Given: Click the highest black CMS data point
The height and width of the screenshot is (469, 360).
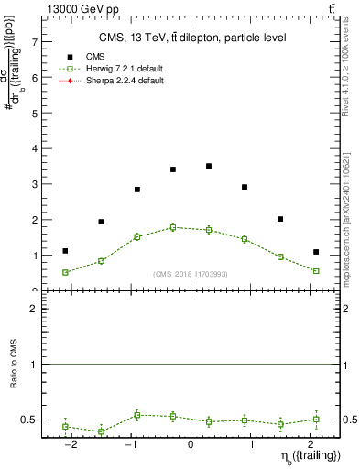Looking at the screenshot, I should pos(209,166).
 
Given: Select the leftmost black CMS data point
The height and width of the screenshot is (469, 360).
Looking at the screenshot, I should pos(65,251).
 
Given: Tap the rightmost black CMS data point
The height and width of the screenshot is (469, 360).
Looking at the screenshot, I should pos(316,252).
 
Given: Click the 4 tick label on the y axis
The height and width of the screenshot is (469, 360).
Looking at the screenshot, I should pos(34,148).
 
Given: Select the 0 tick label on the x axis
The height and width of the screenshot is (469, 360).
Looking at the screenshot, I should pos(191,443).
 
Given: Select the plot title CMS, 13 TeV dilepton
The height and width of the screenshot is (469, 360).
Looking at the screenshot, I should pos(192,38).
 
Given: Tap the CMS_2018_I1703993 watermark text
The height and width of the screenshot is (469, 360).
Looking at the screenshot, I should pos(191,273).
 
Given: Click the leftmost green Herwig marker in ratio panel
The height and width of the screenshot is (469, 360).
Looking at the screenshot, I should pos(65,427).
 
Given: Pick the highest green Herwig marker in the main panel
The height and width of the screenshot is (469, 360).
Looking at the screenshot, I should pos(172,227).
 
